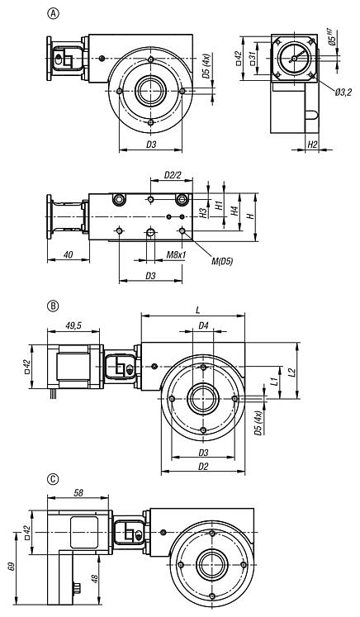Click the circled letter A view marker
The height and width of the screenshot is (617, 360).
pos(54,14)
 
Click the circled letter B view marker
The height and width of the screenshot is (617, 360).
pos(54,305)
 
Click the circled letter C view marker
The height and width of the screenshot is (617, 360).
pos(54,478)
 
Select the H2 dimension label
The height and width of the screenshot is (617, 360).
pos(312,145)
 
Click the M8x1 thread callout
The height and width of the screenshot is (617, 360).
pos(175,256)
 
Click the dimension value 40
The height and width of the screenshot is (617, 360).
pos(66,256)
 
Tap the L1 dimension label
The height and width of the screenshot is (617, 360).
pos(273,382)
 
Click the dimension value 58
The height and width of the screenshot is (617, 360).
pos(78,492)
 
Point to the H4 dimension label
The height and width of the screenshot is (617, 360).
pos(234,212)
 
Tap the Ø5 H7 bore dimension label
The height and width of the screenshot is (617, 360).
pos(332,40)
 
